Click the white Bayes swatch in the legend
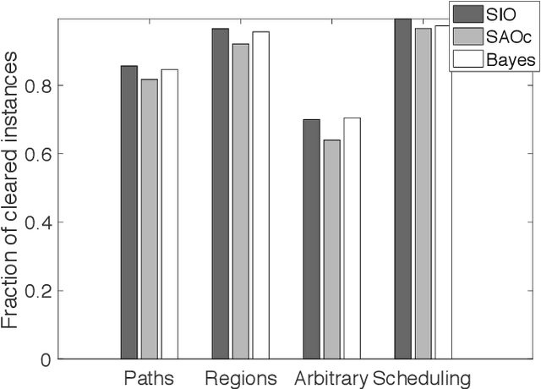[x=467, y=58]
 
